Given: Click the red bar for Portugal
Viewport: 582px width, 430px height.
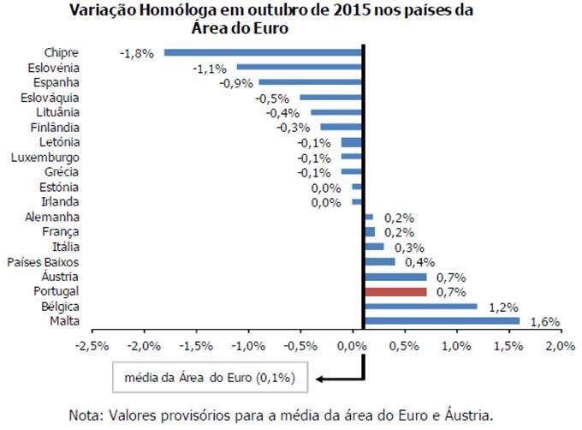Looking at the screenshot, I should (395, 291).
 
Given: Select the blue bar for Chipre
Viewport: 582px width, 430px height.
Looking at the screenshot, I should (264, 52).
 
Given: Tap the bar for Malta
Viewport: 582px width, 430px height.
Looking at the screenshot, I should (442, 321).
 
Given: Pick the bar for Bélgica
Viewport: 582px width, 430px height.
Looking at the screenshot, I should (420, 306).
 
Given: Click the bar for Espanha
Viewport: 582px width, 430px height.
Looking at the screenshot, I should (311, 82).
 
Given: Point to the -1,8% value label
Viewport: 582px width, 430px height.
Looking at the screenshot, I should (137, 52).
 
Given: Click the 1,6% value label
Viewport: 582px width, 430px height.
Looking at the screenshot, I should (544, 322).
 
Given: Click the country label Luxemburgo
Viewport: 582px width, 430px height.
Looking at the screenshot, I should (45, 158).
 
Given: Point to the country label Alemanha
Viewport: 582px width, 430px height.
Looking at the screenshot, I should (53, 218).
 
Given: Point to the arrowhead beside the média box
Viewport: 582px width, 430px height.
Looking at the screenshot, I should (319, 376).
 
